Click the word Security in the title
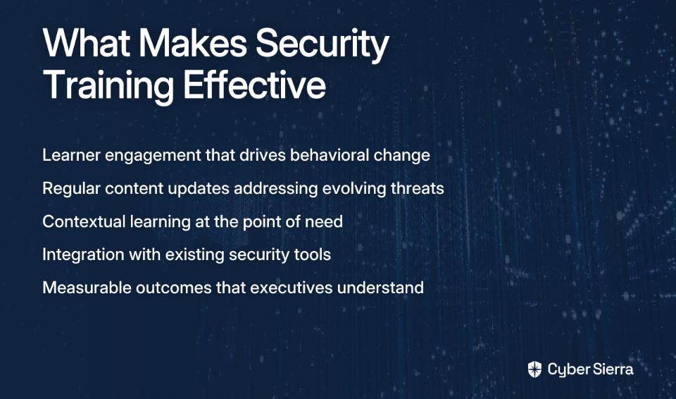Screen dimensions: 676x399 [x=323, y=44]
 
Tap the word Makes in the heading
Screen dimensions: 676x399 [x=193, y=42]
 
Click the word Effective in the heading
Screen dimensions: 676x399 [x=254, y=84]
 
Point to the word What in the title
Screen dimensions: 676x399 [x=87, y=42]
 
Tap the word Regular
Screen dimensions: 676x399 [x=71, y=189]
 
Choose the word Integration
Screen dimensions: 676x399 [x=83, y=254]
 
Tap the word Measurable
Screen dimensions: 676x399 [x=87, y=288]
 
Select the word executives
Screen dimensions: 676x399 [x=292, y=288]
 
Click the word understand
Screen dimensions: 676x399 [x=381, y=288]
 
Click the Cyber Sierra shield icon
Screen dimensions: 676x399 [x=534, y=369]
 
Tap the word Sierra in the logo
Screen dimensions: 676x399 [x=611, y=369]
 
